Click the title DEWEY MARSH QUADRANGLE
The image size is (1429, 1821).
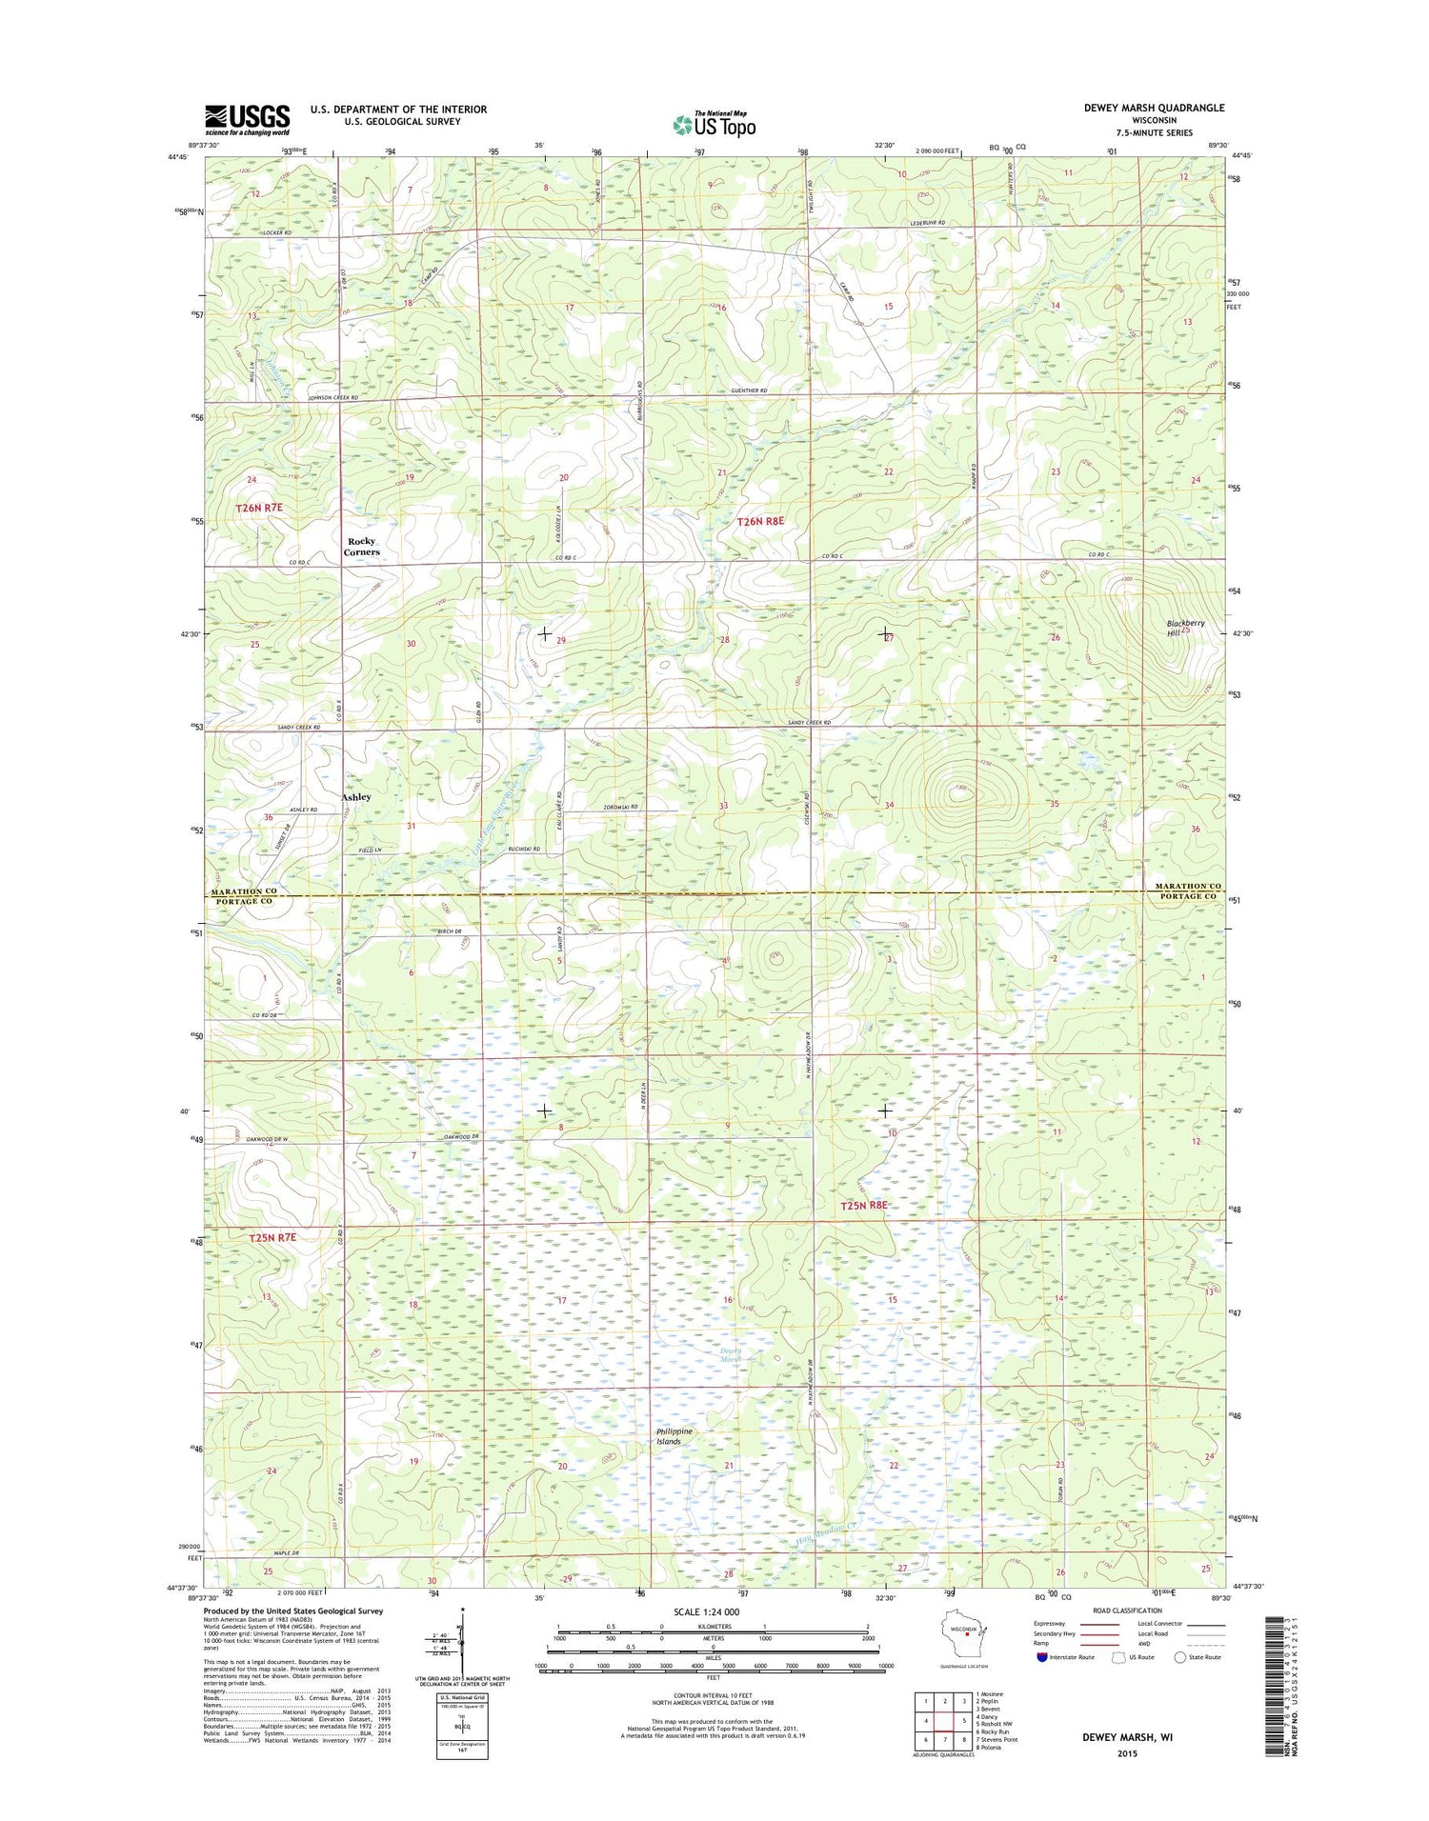pyautogui.click(x=1154, y=108)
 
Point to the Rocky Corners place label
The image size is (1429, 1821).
pyautogui.click(x=362, y=547)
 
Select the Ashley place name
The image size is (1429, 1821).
pyautogui.click(x=356, y=796)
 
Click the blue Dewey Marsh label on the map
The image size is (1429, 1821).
pyautogui.click(x=731, y=1355)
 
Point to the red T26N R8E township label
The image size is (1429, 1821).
pyautogui.click(x=760, y=521)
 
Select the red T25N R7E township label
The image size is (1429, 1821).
pyautogui.click(x=272, y=1237)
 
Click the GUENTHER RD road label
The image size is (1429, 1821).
pyautogui.click(x=749, y=390)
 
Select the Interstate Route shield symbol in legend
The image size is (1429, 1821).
pyautogui.click(x=1042, y=1657)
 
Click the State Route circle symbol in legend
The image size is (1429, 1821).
pyautogui.click(x=1179, y=1657)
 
